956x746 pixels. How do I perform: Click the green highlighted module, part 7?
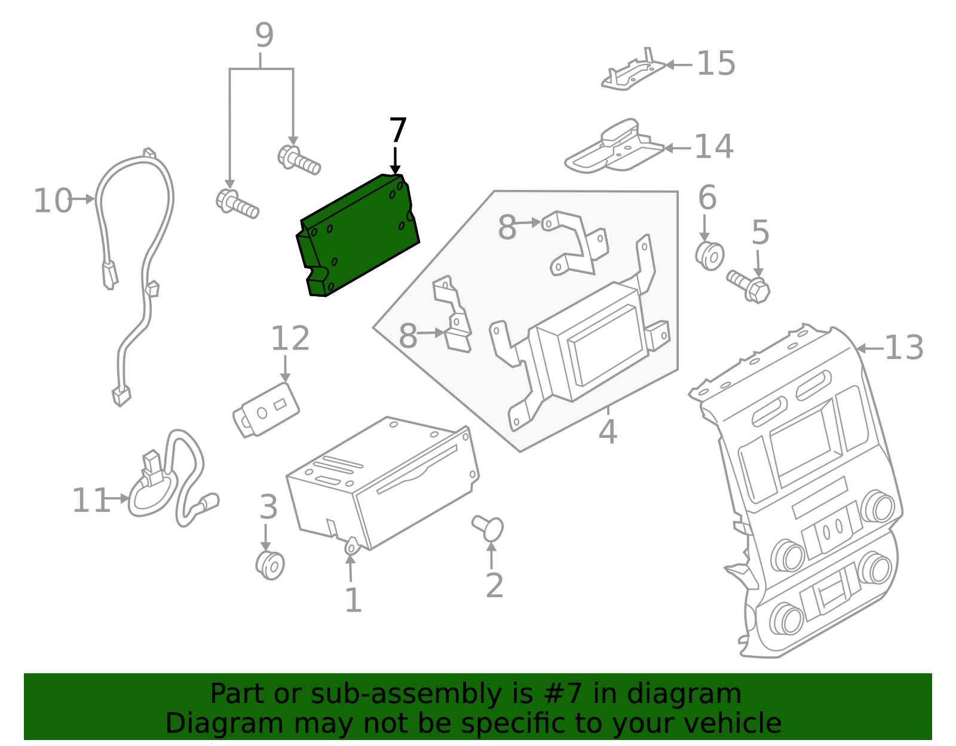(x=358, y=236)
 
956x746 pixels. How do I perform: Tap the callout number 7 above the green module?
(x=397, y=131)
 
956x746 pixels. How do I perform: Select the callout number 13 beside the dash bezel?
(x=903, y=348)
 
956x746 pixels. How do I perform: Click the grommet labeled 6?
(x=709, y=255)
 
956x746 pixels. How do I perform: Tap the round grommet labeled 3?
(x=269, y=565)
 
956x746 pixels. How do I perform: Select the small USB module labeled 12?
(x=266, y=409)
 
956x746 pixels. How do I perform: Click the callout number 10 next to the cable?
(x=53, y=201)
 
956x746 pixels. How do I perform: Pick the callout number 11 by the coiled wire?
(x=91, y=501)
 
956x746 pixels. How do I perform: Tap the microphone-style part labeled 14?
(x=615, y=146)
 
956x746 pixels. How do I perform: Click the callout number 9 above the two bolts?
(x=263, y=35)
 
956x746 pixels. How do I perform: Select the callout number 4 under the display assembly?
(x=607, y=431)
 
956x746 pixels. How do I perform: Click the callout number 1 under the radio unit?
(x=353, y=600)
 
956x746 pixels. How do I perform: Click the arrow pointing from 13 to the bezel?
(x=869, y=348)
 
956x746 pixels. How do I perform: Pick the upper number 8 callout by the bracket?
(x=507, y=228)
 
